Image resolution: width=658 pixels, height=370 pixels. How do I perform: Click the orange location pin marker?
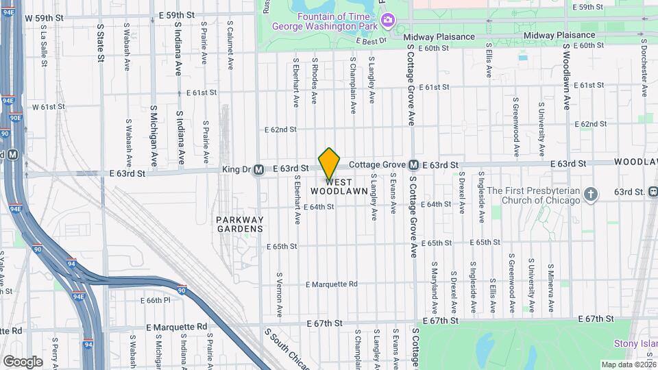[330, 162]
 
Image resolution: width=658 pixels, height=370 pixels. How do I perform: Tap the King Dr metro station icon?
[258, 169]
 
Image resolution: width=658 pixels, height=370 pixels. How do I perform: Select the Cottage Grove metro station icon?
[414, 165]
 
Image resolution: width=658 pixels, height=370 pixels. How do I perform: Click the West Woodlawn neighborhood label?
[339, 186]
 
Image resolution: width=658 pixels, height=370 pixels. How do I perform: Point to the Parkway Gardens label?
[240, 224]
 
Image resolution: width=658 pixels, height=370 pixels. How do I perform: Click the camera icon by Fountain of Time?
[388, 20]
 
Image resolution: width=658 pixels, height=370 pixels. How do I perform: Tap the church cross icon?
[591, 195]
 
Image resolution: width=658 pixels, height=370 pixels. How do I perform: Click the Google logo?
[23, 361]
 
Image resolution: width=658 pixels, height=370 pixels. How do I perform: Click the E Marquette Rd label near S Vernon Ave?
[332, 284]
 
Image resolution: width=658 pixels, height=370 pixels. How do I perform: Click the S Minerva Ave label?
[551, 284]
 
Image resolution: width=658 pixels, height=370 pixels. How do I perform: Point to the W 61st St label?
[48, 107]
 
